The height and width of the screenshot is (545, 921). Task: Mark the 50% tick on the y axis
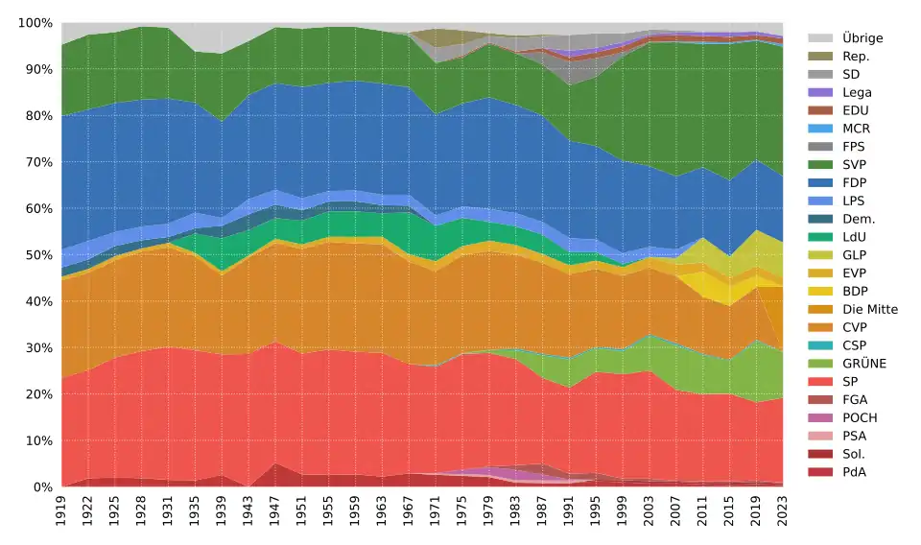pyautogui.click(x=36, y=255)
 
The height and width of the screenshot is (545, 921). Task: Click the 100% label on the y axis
pyautogui.click(x=34, y=23)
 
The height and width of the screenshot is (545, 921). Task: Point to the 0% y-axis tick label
pyautogui.click(x=40, y=487)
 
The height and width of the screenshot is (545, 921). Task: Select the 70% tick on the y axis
pyautogui.click(x=36, y=162)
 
